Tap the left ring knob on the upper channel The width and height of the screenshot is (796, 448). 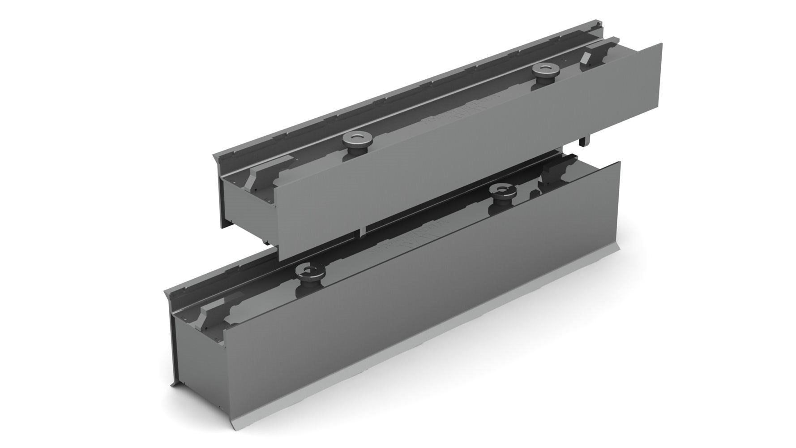point(355,139)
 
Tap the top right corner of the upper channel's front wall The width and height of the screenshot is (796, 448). point(661,44)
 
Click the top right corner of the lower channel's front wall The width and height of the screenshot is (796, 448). point(620,162)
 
